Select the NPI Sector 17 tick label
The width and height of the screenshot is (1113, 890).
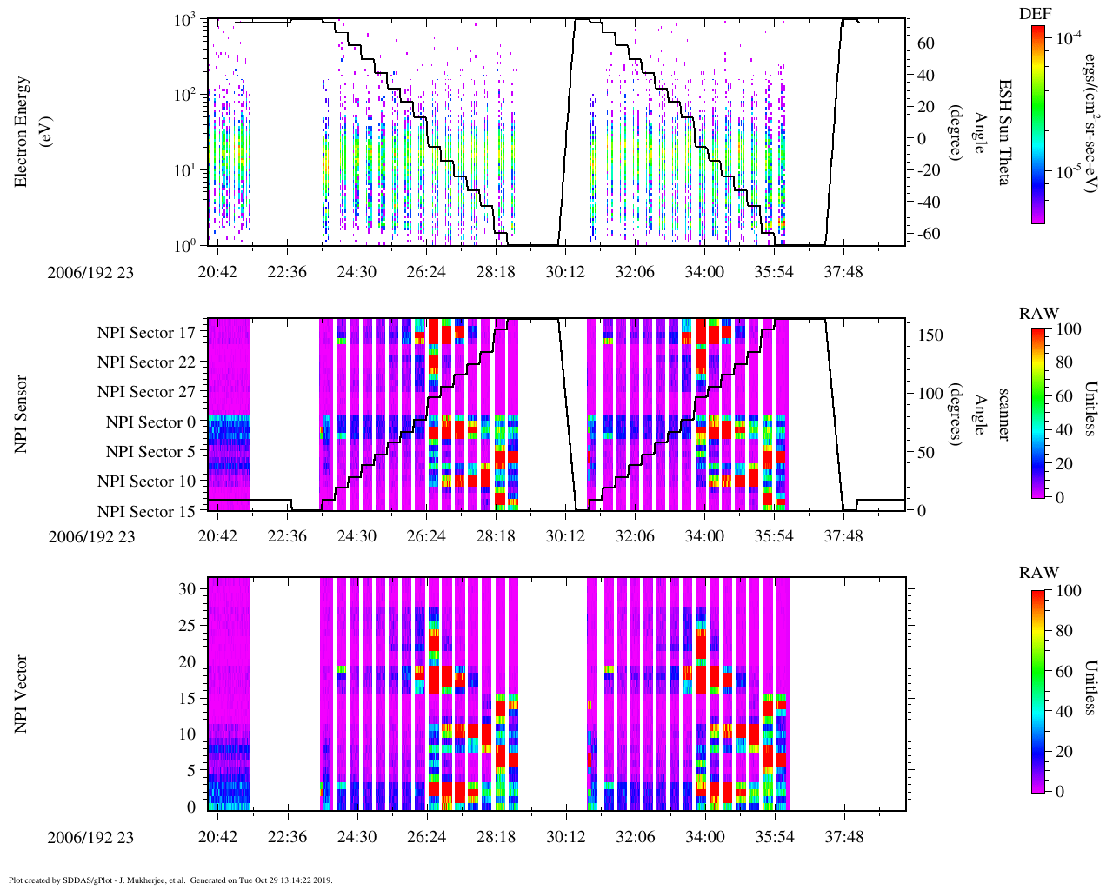146,333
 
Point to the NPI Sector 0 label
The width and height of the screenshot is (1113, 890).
150,422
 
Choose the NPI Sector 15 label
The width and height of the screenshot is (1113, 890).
146,512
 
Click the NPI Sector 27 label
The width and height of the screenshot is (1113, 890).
146,392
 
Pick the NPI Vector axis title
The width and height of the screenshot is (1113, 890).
22,694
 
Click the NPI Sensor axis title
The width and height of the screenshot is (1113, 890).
22,415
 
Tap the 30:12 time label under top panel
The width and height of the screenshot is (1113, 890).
565,272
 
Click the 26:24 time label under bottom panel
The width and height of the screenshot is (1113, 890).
426,837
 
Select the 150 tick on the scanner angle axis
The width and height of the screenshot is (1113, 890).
930,335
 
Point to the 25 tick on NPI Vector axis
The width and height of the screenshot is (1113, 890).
187,625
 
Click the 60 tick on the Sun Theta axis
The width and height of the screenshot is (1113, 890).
926,43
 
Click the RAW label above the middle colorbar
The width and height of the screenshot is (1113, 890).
1039,314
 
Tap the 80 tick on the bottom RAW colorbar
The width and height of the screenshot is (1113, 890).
1069,631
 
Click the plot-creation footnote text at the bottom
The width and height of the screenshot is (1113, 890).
170,880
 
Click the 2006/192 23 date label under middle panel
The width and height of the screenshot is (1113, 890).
91,536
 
